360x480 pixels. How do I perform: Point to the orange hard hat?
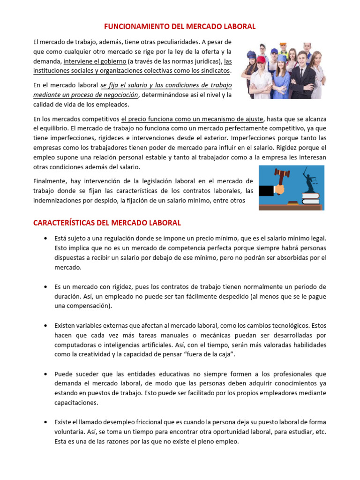(283, 45)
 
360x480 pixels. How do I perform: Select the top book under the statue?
(310, 195)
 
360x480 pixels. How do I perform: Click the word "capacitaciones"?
(76, 402)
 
